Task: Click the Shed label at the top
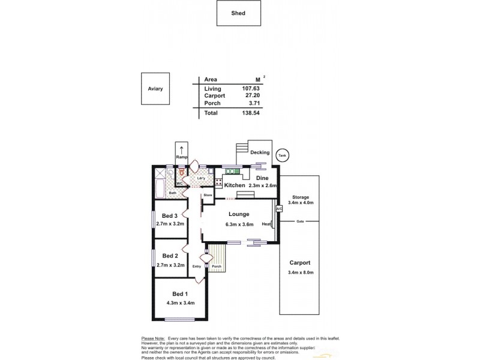click(238, 13)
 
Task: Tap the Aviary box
click(155, 89)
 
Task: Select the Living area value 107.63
click(256, 88)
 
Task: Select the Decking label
click(260, 152)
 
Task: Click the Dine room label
click(262, 178)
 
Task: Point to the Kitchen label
click(234, 186)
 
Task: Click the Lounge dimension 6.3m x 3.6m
click(239, 224)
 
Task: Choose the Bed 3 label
click(169, 216)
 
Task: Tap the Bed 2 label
click(169, 256)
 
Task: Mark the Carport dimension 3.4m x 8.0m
click(300, 272)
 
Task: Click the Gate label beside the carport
click(300, 221)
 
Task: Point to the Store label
click(208, 195)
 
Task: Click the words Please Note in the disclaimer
click(153, 338)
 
